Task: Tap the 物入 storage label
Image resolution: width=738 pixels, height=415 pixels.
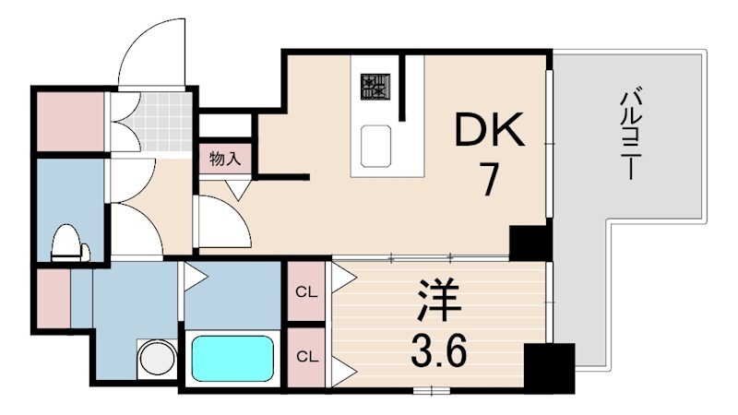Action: click(224, 159)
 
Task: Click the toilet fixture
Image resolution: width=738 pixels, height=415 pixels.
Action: click(69, 243)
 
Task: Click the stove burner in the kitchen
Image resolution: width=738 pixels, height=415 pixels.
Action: click(375, 87)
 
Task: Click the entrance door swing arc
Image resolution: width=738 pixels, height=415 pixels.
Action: click(148, 46)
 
